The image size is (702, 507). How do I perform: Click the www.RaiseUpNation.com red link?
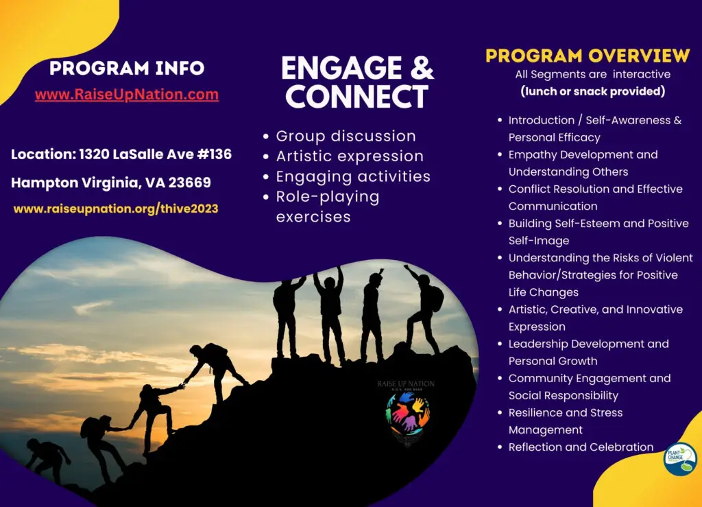coord(127,95)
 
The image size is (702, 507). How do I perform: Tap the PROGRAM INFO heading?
coord(127,68)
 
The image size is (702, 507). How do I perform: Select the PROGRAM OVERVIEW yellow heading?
coord(588,56)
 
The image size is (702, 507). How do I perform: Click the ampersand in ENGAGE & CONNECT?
coord(422,68)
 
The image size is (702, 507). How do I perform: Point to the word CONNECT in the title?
coord(356,96)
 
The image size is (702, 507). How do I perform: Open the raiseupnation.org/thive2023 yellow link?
coord(116,209)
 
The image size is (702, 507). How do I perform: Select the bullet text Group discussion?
coord(346,136)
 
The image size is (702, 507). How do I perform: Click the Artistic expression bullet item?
coord(350,156)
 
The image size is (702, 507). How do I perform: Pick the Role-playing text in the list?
coord(328,197)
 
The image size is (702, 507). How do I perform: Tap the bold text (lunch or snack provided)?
coord(593,91)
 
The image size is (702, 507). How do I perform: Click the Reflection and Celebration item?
coord(581,447)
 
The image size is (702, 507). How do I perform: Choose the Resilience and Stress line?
coord(566,412)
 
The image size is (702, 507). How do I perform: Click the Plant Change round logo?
coord(679,458)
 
